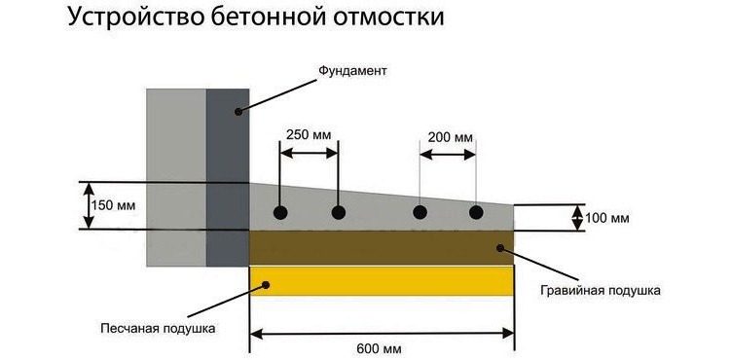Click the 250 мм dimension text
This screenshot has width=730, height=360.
coord(309,135)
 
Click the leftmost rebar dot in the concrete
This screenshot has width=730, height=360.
coord(280,212)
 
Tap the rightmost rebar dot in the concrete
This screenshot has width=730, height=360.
coord(476,212)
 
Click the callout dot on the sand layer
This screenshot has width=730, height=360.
coord(262,282)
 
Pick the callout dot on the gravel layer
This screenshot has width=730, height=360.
coord(500,249)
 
